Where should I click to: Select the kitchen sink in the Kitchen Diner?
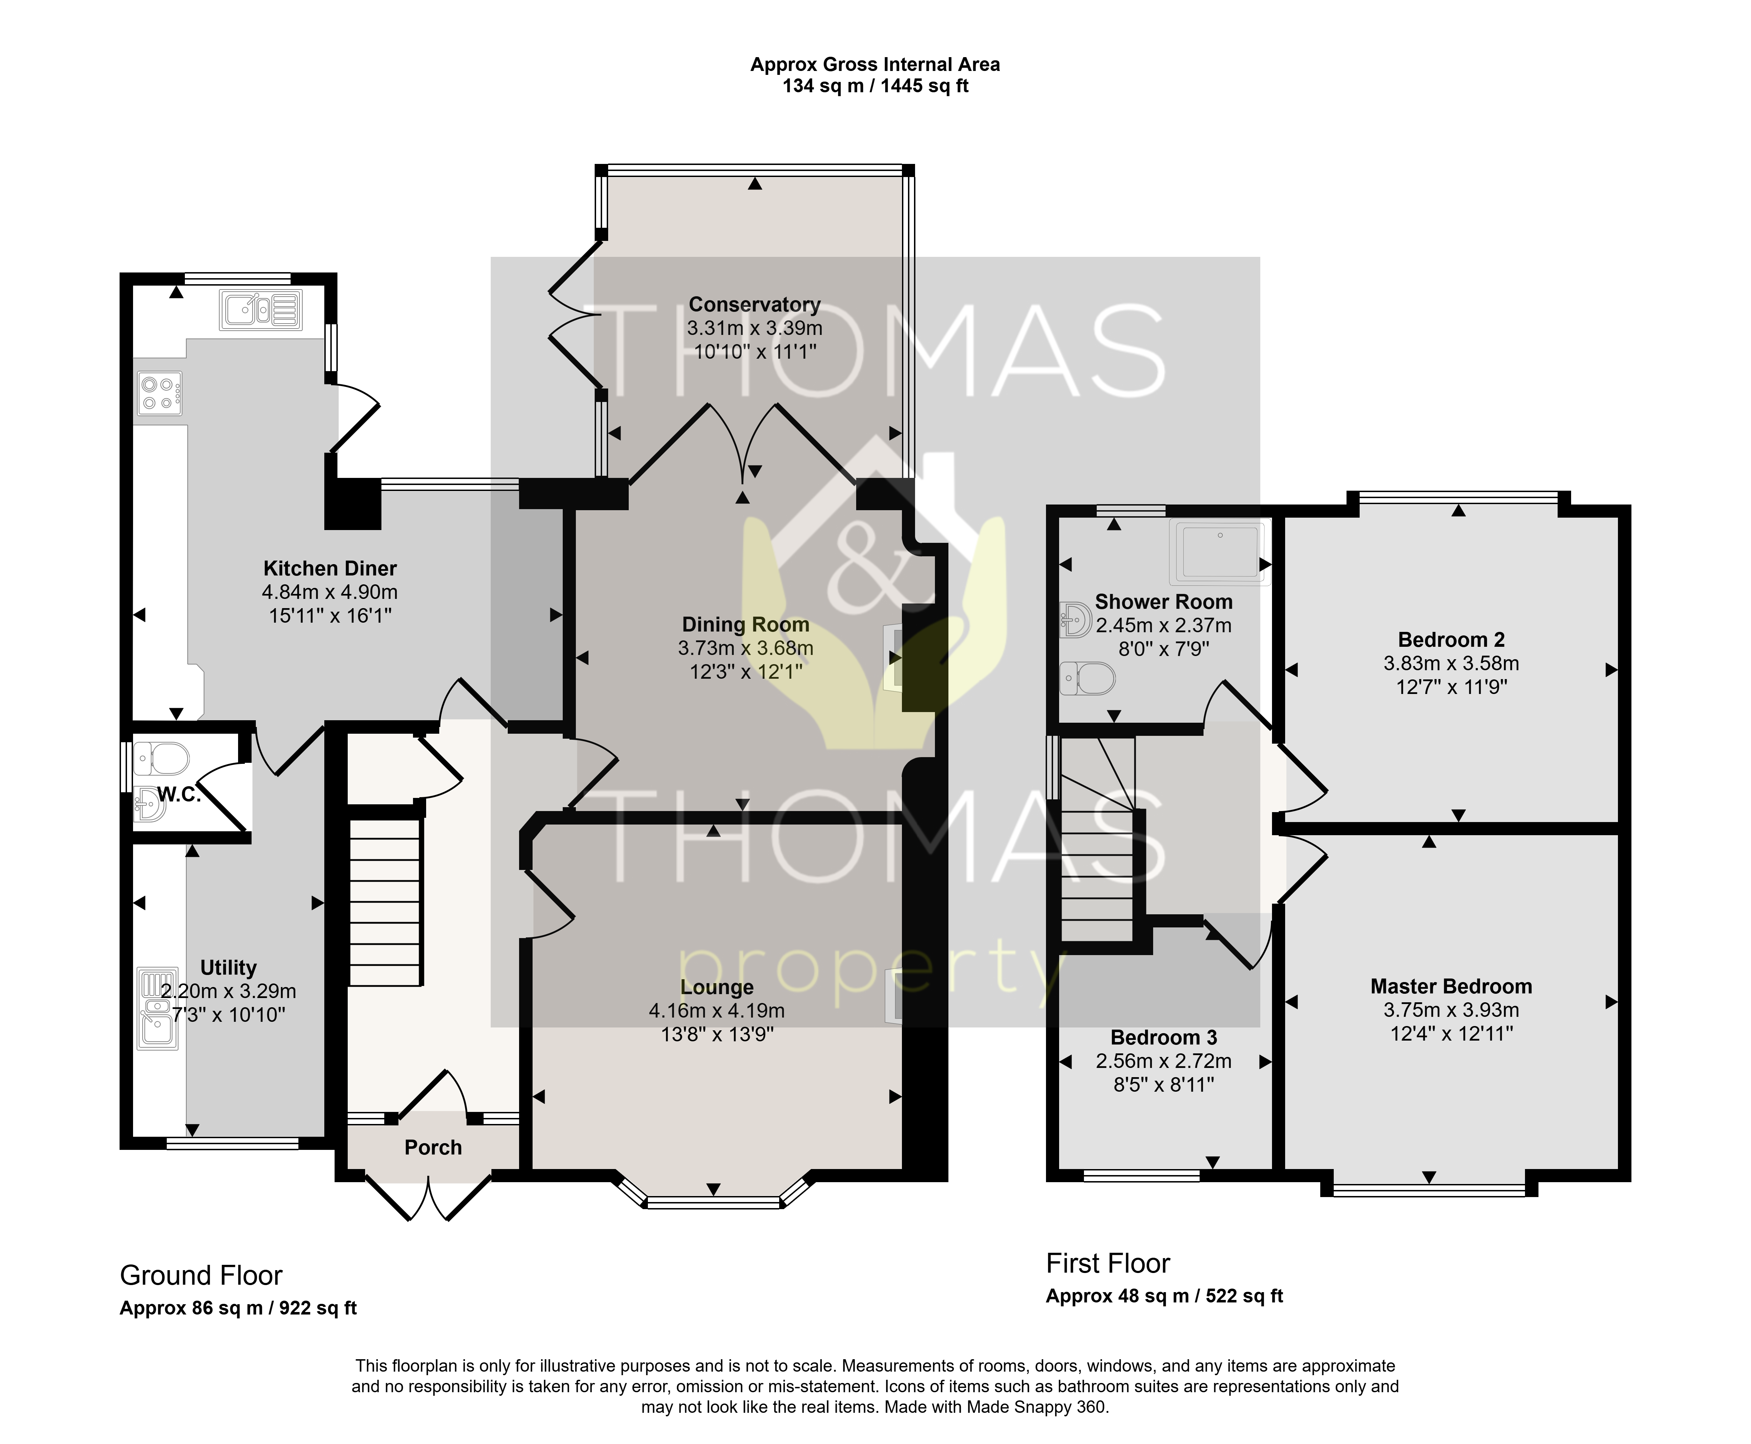pos(260,310)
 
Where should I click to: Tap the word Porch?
pos(433,1148)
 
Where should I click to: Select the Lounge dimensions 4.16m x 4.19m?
pos(717,1011)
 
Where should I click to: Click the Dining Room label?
pos(745,625)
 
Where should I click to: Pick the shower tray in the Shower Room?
pos(1219,552)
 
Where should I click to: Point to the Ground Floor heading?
pos(201,1275)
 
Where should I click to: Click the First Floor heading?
pos(1108,1263)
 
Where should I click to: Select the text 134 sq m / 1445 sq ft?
pos(875,86)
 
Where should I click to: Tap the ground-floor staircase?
pos(384,903)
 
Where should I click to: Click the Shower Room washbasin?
pos(1077,620)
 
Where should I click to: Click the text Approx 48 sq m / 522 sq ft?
pos(1164,1296)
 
